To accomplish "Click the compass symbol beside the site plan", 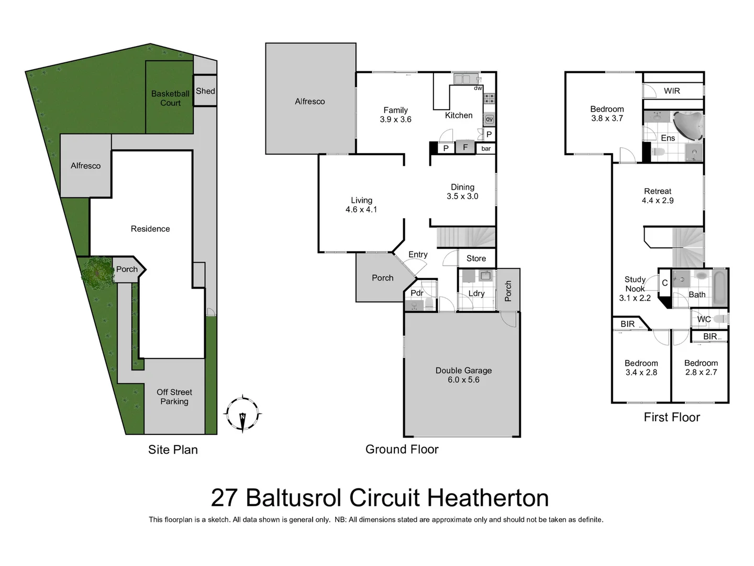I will click(x=242, y=413).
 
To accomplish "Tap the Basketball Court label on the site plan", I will click(x=170, y=98).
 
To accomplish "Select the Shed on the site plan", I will click(x=205, y=91).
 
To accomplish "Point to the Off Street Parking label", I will click(x=174, y=397).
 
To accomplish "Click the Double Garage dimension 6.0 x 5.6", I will click(x=463, y=380).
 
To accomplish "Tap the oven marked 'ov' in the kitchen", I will click(x=489, y=119).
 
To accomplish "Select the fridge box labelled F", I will click(x=465, y=147).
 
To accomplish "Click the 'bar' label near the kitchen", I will click(x=486, y=149).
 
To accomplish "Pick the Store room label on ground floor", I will click(x=476, y=258).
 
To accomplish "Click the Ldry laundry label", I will click(x=476, y=293).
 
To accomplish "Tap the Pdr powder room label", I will click(x=417, y=293).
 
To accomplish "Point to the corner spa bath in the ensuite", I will click(x=687, y=124).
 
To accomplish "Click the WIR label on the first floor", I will click(x=672, y=91).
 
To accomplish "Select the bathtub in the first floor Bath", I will click(x=720, y=287).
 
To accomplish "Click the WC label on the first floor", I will click(x=704, y=319).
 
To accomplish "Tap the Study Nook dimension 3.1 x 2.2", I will click(x=635, y=298).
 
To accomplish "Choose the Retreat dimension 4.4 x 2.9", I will click(x=658, y=201).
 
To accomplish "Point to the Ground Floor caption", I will click(x=402, y=449).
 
